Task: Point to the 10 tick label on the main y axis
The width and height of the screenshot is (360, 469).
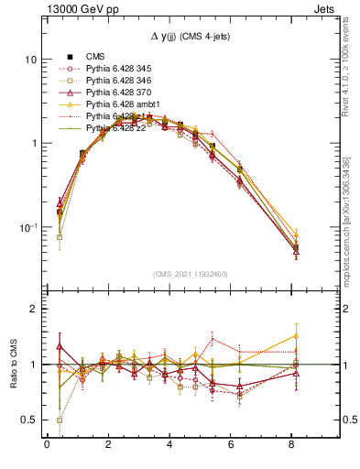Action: point(30,60)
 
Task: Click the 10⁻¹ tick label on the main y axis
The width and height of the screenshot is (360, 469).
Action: point(28,227)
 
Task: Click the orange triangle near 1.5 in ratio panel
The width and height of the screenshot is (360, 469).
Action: point(295,335)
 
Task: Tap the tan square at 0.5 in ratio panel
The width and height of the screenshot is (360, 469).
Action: point(60,420)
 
